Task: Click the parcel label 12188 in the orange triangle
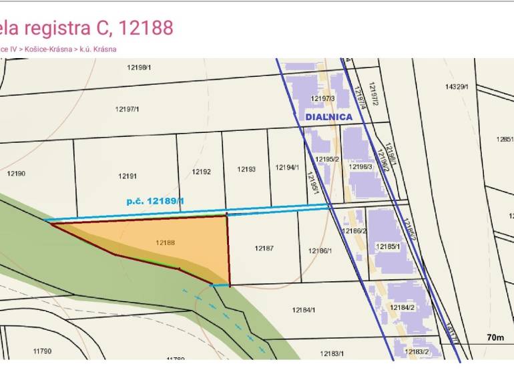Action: (166, 243)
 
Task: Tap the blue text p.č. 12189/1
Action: (156, 200)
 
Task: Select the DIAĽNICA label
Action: (328, 117)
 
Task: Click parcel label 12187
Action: (264, 248)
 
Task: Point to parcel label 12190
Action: (16, 174)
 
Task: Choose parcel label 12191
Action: (127, 176)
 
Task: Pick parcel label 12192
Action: (202, 172)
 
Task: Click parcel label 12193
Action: (246, 170)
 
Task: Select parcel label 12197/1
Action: (126, 109)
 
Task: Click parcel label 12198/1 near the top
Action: (140, 67)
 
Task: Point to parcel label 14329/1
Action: (457, 87)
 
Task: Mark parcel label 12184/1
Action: (304, 310)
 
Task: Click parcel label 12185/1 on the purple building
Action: (388, 246)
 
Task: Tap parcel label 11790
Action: (42, 351)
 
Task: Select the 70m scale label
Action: (495, 338)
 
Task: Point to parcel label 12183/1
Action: (332, 353)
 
